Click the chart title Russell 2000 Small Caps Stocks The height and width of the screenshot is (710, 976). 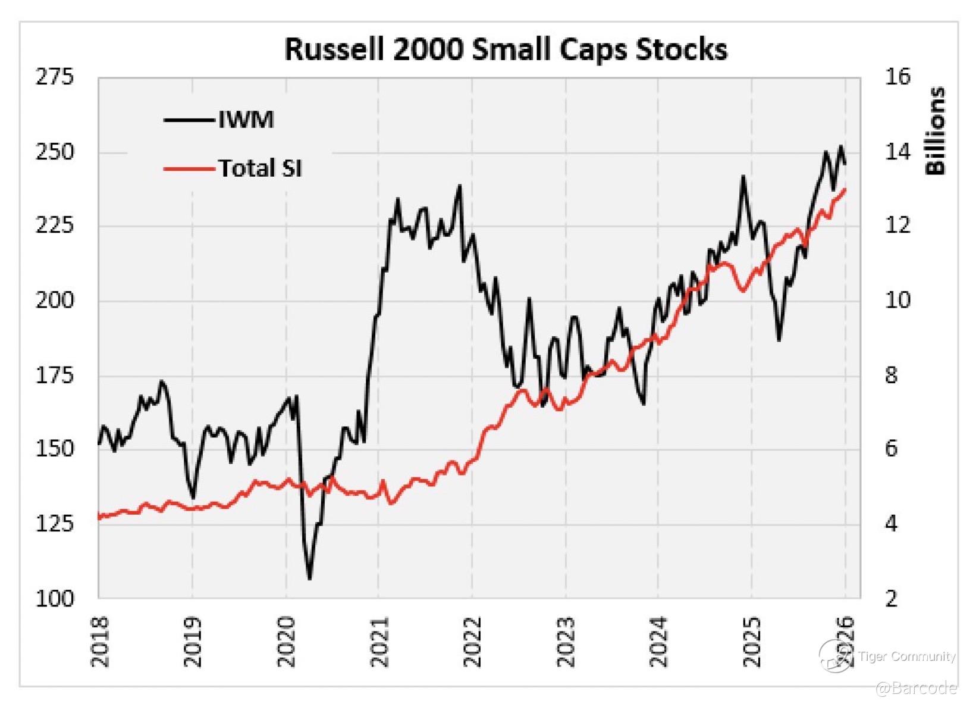[506, 49]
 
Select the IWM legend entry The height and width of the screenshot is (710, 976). [246, 120]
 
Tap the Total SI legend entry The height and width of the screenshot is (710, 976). [260, 168]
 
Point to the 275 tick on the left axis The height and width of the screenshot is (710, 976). [55, 77]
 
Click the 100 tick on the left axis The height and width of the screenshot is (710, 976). [55, 598]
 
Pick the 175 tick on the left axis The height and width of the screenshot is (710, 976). [55, 375]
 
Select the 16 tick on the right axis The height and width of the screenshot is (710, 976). [897, 77]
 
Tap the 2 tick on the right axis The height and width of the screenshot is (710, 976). [891, 598]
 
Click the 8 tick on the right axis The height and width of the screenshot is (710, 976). [891, 375]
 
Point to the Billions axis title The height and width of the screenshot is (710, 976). [936, 131]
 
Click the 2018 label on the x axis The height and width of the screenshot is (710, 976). [99, 642]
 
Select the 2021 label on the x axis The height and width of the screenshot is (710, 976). [379, 642]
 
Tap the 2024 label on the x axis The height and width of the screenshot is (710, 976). [658, 642]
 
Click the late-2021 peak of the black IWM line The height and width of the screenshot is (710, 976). [459, 186]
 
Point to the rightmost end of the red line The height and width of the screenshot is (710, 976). [845, 189]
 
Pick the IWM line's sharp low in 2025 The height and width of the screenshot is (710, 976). [779, 340]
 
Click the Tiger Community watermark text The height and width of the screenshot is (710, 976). [906, 656]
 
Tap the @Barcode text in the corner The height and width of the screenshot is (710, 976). [916, 689]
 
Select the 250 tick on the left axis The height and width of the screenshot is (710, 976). [55, 152]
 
